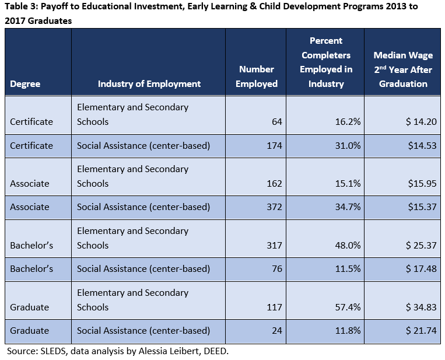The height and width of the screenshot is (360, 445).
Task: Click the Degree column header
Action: click(x=25, y=84)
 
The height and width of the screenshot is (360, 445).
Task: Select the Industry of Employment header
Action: click(x=149, y=84)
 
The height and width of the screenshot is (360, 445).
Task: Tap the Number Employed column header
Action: click(x=257, y=76)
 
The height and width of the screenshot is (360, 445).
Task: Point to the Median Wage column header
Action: click(x=403, y=69)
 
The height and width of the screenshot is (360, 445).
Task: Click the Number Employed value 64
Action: click(x=276, y=122)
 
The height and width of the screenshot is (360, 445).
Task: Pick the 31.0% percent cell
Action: click(x=348, y=145)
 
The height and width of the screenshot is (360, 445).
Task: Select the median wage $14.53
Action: click(x=423, y=145)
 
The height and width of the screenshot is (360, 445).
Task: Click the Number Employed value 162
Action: click(x=274, y=184)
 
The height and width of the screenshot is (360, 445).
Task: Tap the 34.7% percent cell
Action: click(x=348, y=207)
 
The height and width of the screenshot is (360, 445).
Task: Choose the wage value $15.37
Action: click(x=423, y=207)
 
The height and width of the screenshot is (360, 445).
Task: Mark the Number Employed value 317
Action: click(x=274, y=246)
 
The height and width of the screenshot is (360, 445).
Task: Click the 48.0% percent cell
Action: click(x=348, y=246)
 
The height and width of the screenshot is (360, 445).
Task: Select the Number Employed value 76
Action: click(x=276, y=269)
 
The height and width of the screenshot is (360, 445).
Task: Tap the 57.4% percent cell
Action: click(x=348, y=307)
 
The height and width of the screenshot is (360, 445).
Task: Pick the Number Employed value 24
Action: click(x=276, y=331)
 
